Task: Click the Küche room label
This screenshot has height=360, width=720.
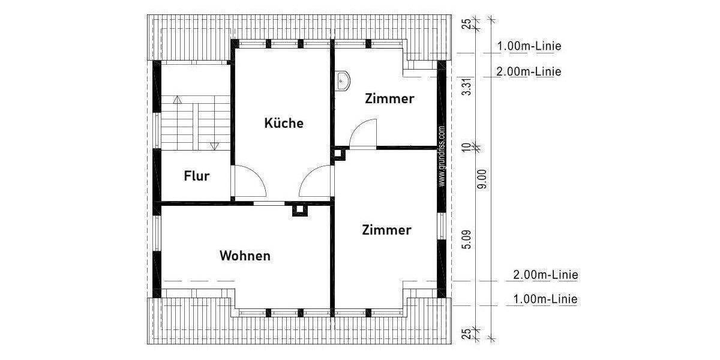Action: [284, 124]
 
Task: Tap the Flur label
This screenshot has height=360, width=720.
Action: [196, 176]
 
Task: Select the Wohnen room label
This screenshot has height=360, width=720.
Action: [245, 256]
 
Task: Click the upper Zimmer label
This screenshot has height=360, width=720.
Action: [389, 99]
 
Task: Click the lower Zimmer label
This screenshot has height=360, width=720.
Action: [386, 230]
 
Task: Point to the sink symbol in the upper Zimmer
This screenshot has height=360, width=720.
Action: [342, 80]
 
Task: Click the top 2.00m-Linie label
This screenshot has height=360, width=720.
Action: [529, 72]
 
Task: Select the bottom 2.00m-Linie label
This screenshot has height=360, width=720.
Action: [545, 275]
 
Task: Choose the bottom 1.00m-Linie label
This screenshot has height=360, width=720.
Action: [545, 299]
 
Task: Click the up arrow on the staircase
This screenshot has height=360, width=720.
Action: [177, 100]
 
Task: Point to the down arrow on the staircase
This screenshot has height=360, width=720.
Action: [215, 145]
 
